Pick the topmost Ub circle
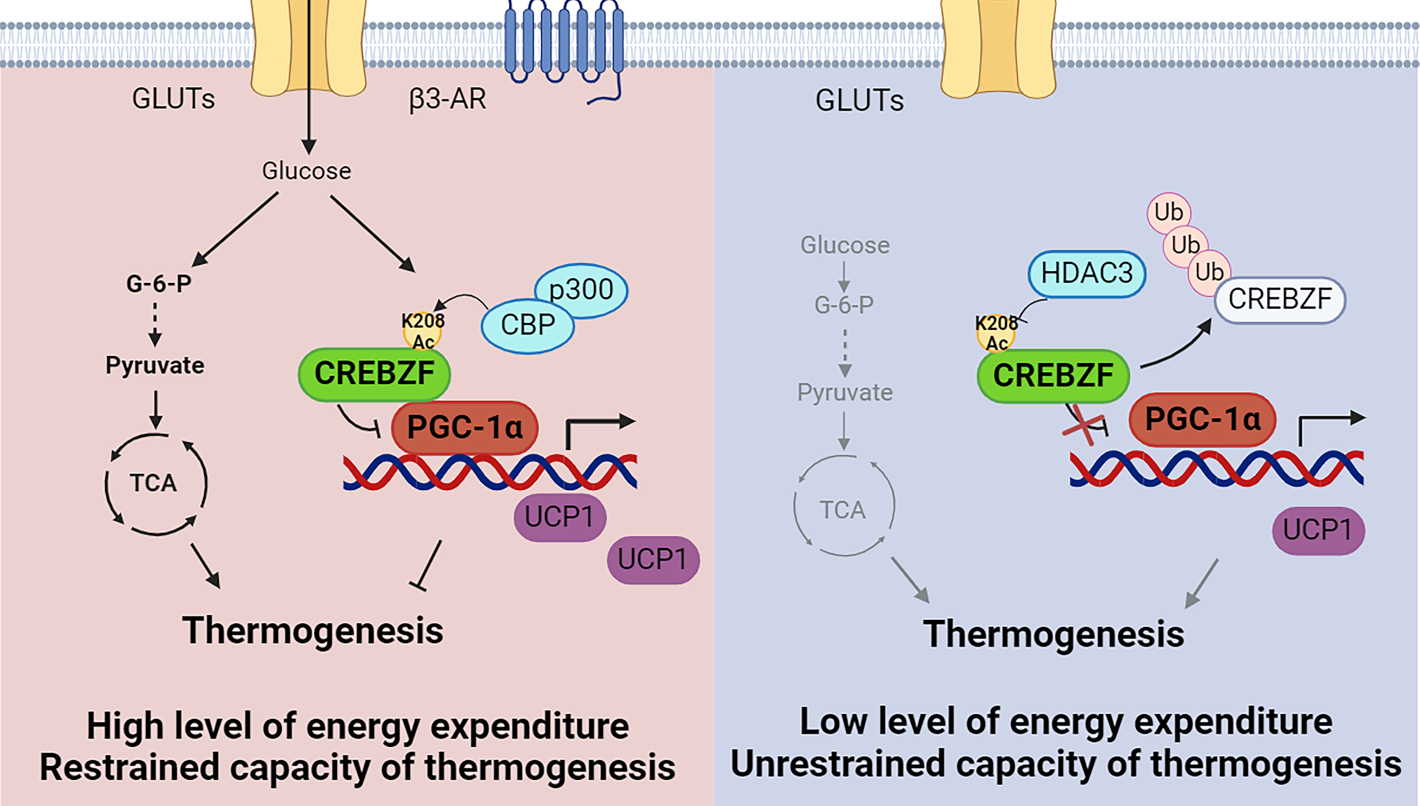[x=1168, y=213]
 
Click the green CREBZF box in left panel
[x=374, y=374]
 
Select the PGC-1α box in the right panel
[x=1202, y=419]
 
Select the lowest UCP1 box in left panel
[x=653, y=560]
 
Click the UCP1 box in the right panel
[x=1318, y=530]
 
